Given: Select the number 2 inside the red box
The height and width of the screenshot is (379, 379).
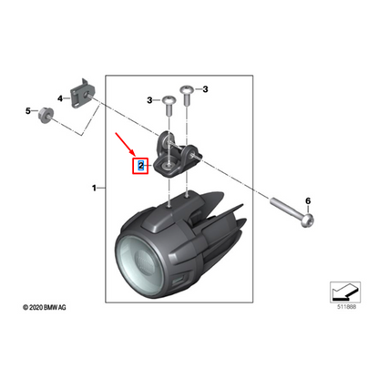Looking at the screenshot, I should (x=140, y=167).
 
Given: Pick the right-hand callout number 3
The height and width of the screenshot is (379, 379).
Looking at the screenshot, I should (x=206, y=89).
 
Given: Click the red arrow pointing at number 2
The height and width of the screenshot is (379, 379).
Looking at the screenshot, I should (x=126, y=146).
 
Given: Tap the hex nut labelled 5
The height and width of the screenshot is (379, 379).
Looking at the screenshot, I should (x=48, y=113).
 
